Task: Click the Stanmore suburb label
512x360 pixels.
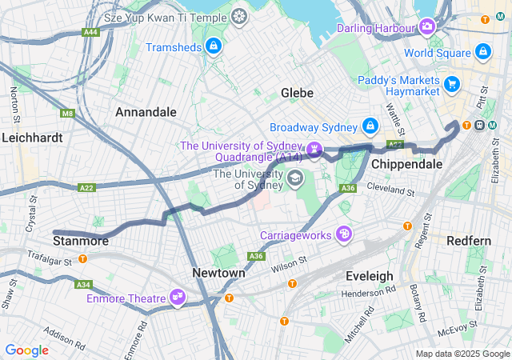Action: point(80,240)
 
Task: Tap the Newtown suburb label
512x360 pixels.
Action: point(218,273)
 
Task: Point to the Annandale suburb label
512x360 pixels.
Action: point(146,112)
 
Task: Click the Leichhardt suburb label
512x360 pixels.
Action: point(32,138)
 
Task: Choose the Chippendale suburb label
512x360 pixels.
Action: point(406,164)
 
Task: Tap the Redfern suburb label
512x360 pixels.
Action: point(469,240)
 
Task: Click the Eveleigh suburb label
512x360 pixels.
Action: point(369,276)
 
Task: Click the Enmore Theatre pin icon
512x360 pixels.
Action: point(178,298)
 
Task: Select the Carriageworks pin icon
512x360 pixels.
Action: point(344,234)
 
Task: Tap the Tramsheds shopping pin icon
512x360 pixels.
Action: point(214,47)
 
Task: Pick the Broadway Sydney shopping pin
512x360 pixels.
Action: point(370,127)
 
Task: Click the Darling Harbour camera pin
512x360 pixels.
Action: point(428,28)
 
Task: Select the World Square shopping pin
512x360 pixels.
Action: point(482,53)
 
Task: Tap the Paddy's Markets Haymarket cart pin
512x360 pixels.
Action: point(452,83)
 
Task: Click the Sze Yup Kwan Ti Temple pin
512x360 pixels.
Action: point(239,16)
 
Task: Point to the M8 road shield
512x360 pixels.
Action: point(67,114)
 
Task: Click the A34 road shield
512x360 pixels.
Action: point(83,284)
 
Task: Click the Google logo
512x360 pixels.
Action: point(26,350)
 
